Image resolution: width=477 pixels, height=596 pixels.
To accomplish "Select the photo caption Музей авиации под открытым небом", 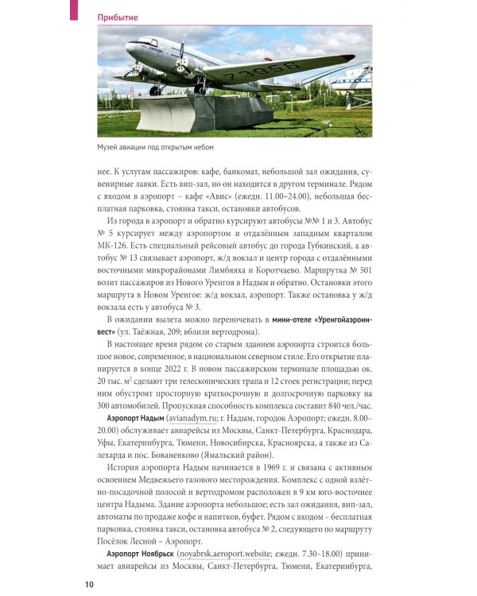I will [x=156, y=148].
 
